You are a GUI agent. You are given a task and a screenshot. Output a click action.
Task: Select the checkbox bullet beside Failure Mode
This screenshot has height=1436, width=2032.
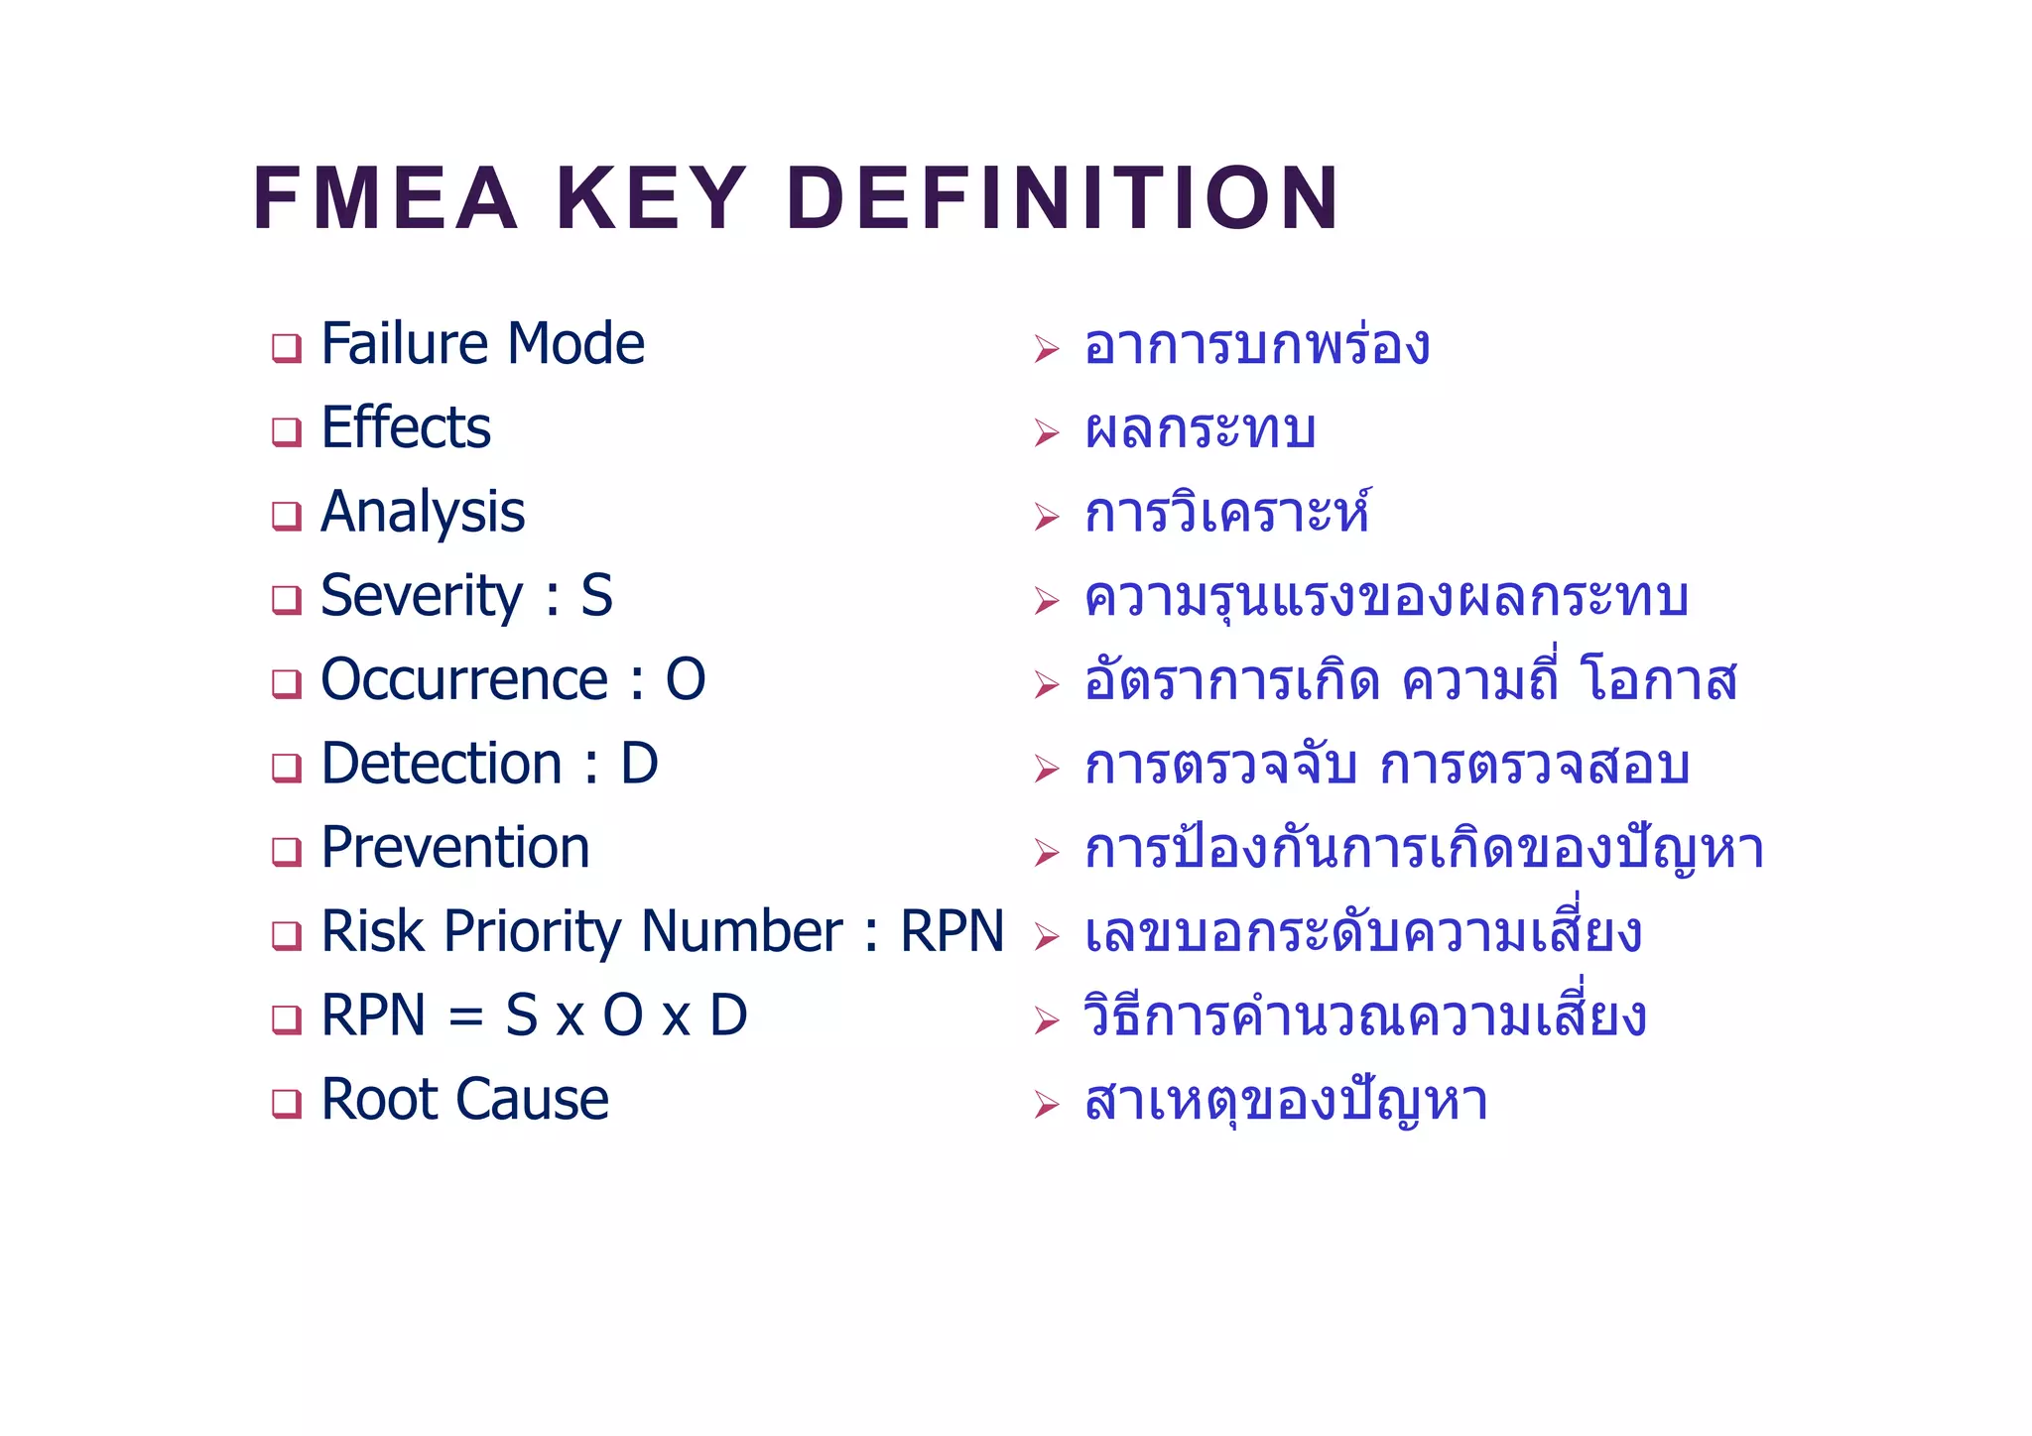point(287,348)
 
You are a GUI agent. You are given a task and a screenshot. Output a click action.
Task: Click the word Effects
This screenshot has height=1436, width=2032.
point(406,428)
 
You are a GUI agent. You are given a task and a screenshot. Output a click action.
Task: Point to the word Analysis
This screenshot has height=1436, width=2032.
point(423,513)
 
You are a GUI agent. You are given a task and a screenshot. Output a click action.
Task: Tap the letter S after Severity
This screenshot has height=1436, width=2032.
point(596,596)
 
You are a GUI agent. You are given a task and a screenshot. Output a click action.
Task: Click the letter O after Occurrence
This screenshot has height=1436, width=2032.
point(685,680)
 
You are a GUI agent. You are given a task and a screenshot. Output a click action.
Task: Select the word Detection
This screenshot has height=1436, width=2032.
point(442,764)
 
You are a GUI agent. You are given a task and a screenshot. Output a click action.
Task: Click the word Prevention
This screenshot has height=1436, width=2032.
point(455,848)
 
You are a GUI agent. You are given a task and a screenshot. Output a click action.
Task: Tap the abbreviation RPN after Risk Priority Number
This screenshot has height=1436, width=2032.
point(952,931)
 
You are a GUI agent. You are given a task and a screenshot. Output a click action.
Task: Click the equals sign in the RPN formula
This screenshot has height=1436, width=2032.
point(465,1017)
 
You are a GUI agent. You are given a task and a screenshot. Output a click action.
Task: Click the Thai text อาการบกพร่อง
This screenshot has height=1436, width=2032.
point(1256,346)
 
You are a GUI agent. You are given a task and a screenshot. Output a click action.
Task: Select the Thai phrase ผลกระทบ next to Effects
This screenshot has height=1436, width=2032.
point(1201,430)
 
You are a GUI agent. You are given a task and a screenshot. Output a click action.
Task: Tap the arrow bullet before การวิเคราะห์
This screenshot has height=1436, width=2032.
point(1046,517)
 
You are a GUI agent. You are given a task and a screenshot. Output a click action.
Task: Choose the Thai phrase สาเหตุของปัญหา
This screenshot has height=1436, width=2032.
point(1286,1102)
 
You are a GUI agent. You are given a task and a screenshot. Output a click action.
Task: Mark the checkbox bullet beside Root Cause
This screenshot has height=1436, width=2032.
point(287,1104)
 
